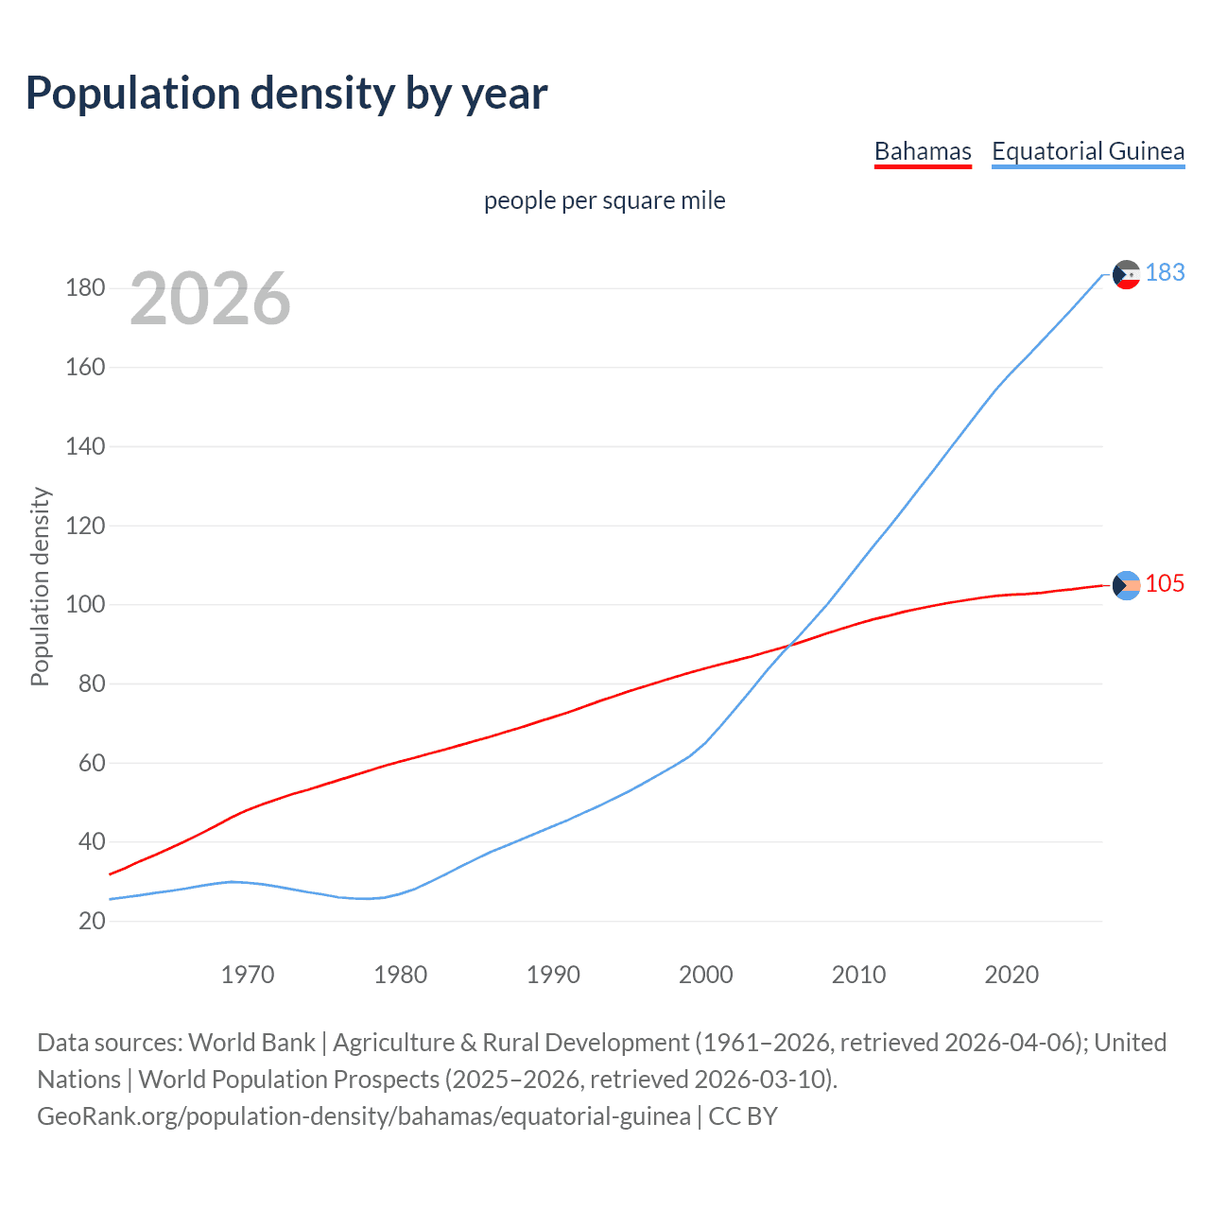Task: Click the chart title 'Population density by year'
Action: pos(286,94)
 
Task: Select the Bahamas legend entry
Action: pos(923,151)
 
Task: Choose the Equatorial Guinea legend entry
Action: pos(1087,151)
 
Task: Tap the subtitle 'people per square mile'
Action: pos(604,200)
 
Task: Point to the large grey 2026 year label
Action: pos(210,299)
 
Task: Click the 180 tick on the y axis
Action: pos(85,287)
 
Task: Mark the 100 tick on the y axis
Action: pos(85,604)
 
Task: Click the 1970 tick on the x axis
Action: pos(248,975)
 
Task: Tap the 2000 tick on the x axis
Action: pos(706,975)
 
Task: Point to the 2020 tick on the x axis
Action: pos(1011,975)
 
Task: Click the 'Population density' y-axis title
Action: pos(40,586)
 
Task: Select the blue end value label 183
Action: pos(1165,272)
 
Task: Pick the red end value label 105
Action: pos(1165,583)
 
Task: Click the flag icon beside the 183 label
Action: pos(1126,274)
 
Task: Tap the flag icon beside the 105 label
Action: pos(1126,585)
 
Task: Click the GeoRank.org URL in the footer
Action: pos(364,1116)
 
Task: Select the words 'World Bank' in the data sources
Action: pos(251,1043)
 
